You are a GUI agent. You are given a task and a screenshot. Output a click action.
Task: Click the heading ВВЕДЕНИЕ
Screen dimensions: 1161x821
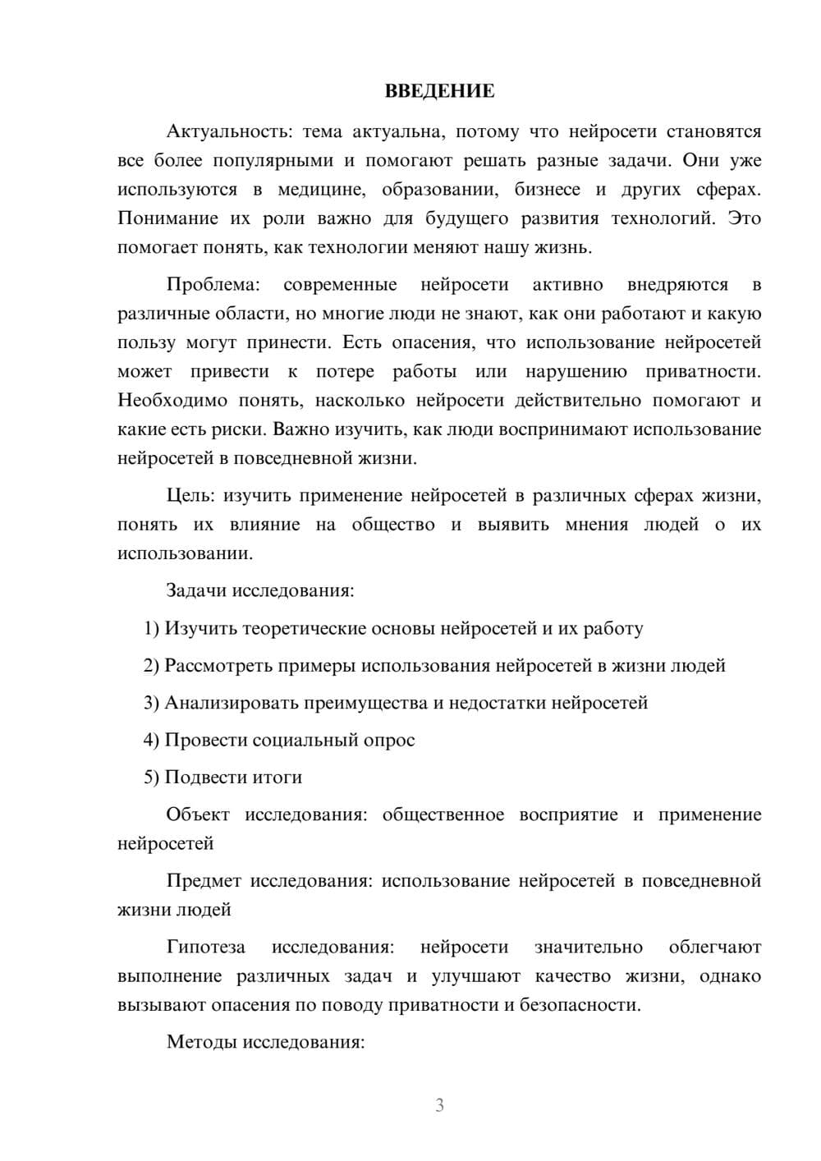tap(439, 91)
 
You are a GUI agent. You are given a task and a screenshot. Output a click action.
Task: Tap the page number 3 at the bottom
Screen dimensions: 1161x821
tap(439, 1105)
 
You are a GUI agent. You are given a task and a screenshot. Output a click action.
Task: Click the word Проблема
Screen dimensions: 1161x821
tap(213, 285)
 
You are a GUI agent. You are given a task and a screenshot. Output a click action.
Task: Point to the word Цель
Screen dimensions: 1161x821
tap(190, 496)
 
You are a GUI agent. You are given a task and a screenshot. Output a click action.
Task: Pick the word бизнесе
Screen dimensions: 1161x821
tap(547, 190)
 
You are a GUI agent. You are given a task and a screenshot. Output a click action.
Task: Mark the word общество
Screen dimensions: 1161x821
tap(393, 525)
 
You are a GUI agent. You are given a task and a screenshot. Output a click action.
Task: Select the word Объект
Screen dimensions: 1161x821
tap(198, 815)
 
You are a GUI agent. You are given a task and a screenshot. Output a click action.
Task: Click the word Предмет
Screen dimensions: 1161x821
tap(204, 881)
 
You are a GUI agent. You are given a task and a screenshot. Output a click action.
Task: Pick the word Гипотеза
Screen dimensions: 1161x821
tap(205, 947)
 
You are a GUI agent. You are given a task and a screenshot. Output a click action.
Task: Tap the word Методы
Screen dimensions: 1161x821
tap(196, 1042)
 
